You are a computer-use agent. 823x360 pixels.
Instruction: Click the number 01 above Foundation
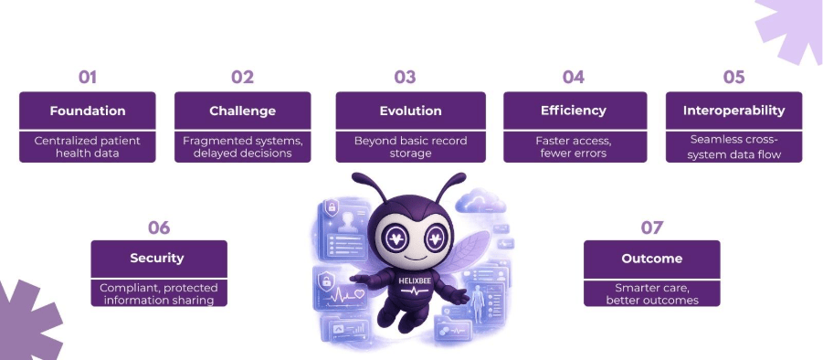[88, 77]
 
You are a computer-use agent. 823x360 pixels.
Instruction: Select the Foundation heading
[88, 111]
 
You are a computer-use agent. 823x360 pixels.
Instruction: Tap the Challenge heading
[242, 111]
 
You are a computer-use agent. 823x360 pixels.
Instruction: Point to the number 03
[405, 77]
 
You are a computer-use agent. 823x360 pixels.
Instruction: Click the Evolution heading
[410, 111]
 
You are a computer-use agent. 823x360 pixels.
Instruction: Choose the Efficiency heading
[574, 111]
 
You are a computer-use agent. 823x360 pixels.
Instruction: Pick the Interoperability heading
[733, 111]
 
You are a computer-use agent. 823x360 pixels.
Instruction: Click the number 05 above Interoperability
[733, 77]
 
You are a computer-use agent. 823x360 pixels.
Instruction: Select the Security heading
[157, 258]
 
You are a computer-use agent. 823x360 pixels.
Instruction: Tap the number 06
[159, 228]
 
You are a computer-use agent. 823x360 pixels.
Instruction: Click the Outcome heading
[652, 259]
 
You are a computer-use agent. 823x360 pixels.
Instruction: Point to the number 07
[652, 228]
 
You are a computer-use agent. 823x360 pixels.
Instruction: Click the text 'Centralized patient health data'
[88, 147]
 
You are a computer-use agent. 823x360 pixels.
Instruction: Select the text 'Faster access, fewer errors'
[574, 147]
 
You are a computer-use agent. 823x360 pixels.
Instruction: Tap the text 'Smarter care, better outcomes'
[652, 294]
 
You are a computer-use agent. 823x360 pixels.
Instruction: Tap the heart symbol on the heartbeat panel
[360, 294]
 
